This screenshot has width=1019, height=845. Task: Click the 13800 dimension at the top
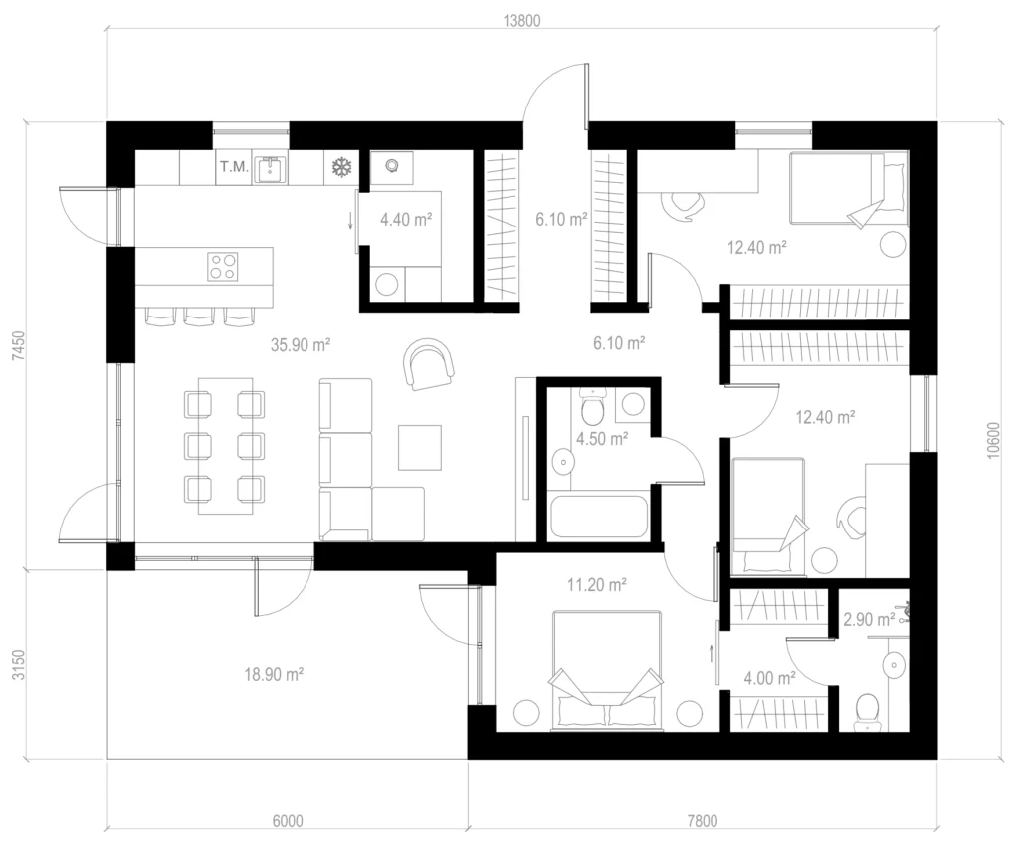tap(521, 21)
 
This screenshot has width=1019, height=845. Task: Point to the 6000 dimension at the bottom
tap(288, 821)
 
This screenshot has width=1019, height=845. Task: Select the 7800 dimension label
tap(703, 821)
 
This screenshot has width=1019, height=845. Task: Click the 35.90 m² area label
tap(301, 344)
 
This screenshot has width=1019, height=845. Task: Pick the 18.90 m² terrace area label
tap(274, 674)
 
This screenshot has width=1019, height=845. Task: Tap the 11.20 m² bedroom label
tap(597, 585)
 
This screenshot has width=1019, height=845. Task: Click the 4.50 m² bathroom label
tap(602, 439)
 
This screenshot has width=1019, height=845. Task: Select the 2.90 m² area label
tap(869, 619)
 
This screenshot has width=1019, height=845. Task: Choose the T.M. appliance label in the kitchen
tap(234, 167)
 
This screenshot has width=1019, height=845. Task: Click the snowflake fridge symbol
tap(341, 167)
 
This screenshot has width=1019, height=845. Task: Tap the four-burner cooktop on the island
tap(223, 267)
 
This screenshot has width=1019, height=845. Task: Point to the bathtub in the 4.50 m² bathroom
tap(598, 517)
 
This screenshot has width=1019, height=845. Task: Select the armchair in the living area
tap(428, 364)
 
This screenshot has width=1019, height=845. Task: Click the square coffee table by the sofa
tap(420, 448)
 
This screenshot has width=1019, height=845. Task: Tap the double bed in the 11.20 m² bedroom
tap(607, 669)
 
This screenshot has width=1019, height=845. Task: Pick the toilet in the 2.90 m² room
tap(867, 711)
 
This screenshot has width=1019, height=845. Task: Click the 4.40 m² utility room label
tap(406, 220)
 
